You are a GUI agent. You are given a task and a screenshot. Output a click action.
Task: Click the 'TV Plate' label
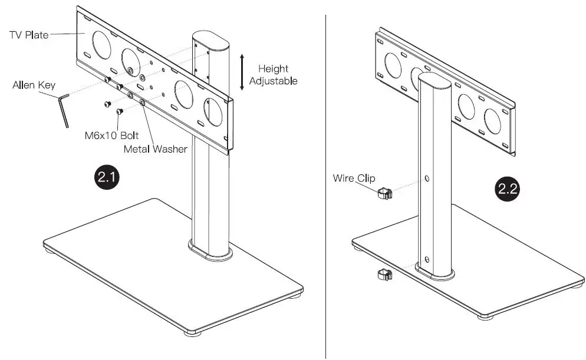pos(28,35)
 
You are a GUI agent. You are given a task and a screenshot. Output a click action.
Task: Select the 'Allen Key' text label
pos(34,85)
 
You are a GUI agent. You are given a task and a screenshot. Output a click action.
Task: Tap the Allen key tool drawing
pos(63,109)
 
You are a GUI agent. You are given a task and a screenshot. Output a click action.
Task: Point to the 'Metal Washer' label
pos(155,149)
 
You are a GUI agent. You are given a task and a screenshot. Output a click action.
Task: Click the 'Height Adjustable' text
pos(273,75)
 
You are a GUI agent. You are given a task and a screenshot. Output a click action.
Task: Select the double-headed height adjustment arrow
pos(242,72)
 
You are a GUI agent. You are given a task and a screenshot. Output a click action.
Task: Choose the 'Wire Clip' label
pos(354,178)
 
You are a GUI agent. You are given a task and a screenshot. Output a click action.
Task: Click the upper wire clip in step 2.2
pos(384,193)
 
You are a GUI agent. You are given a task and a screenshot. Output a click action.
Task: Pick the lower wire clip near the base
pos(383,274)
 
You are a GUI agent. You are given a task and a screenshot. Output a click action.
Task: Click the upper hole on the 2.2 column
pos(427,179)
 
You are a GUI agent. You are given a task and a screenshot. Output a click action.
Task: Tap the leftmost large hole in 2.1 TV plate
pos(102,45)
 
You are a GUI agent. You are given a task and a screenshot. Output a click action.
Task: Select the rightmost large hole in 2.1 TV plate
pos(213,113)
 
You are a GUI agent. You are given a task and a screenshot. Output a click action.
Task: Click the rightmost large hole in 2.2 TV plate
pos(492,121)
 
